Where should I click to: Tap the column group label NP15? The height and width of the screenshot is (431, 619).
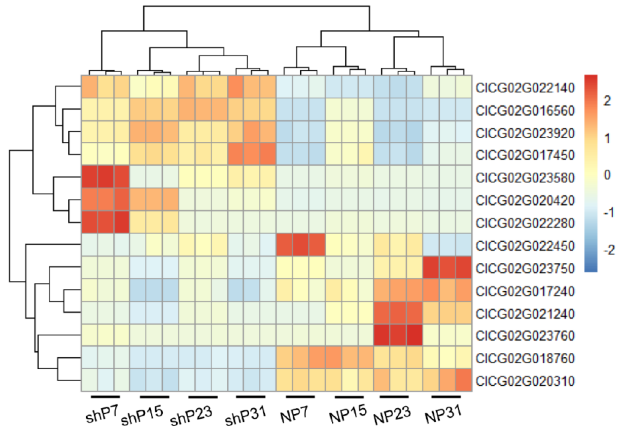pyautogui.click(x=348, y=414)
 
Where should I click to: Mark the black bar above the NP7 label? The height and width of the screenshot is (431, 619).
pyautogui.click(x=300, y=397)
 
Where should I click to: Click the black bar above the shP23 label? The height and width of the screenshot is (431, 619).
pyautogui.click(x=203, y=397)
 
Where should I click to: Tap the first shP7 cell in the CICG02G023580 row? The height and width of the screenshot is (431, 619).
pyautogui.click(x=89, y=176)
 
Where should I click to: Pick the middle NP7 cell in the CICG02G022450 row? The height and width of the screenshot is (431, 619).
pyautogui.click(x=301, y=244)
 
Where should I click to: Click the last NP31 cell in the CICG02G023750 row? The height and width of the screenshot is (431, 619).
pyautogui.click(x=464, y=267)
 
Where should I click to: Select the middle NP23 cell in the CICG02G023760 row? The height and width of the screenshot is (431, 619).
pyautogui.click(x=398, y=335)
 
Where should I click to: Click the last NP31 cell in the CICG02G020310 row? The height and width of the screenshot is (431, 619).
pyautogui.click(x=464, y=380)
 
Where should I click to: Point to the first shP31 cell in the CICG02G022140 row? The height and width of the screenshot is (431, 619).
pyautogui.click(x=236, y=86)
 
